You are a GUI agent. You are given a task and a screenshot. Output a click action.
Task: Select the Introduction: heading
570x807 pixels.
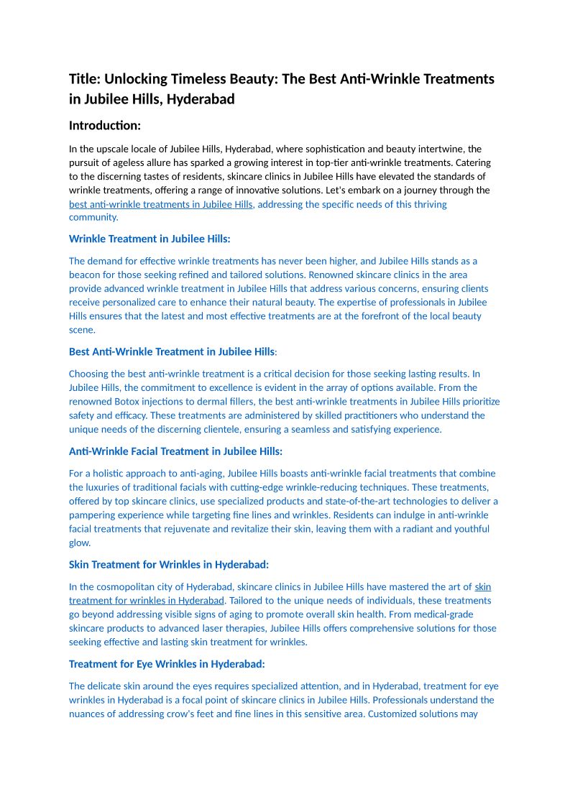pos(104,126)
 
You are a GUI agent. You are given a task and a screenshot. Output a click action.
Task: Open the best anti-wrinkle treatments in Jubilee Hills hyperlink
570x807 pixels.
pos(161,204)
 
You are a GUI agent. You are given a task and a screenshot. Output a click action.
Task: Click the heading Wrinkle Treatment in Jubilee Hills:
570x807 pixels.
pos(150,239)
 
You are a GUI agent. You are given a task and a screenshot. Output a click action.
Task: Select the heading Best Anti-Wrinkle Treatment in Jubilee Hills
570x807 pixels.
pos(172,352)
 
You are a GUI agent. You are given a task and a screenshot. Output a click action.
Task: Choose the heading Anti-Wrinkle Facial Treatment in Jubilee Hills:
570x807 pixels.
pos(175,451)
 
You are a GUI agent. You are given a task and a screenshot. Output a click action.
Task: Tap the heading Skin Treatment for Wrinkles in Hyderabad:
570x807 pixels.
pos(169,565)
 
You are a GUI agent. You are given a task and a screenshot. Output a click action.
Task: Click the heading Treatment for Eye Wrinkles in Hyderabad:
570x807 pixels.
pos(167,664)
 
